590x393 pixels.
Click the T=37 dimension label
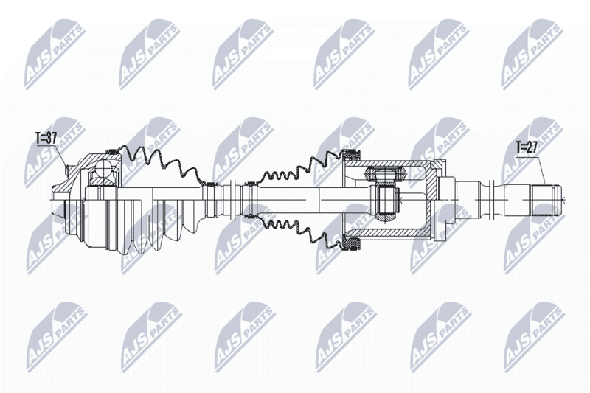tap(46, 139)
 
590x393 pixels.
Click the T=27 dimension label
tap(527, 147)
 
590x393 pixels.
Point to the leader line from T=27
tap(541, 169)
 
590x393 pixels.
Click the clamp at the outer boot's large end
tap(112, 152)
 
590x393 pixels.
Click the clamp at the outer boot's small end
tap(210, 184)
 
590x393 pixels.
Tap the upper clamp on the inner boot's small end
tap(249, 184)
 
